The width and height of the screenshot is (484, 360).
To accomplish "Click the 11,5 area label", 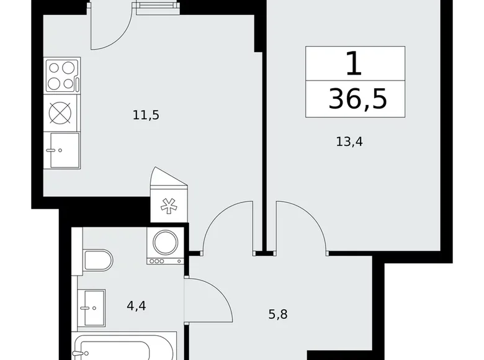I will [146, 115].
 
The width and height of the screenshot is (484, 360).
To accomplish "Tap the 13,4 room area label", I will [349, 142].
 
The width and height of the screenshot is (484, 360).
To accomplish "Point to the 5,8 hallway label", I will [277, 314].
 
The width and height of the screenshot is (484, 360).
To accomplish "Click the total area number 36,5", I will [357, 99].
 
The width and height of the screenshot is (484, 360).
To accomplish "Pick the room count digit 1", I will [354, 63].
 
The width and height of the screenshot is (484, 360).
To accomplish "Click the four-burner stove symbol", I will [61, 76].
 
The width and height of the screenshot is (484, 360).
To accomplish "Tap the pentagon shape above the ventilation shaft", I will [168, 180].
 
